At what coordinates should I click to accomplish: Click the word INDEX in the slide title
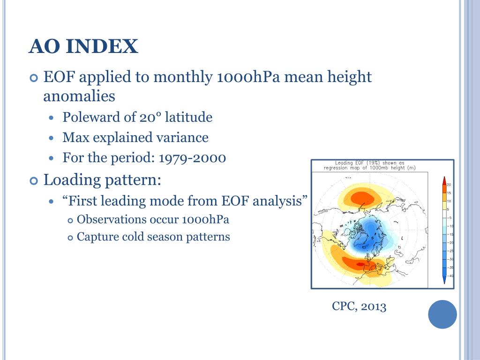tap(102, 46)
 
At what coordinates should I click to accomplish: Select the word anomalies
tap(79, 96)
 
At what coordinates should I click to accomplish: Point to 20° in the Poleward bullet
tap(150, 117)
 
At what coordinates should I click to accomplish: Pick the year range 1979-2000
tap(192, 158)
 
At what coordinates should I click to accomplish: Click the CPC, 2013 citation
tap(359, 306)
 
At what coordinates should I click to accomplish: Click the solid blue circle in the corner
tap(442, 315)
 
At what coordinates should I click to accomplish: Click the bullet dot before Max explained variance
tap(51, 138)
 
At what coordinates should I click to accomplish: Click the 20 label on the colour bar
tap(449, 185)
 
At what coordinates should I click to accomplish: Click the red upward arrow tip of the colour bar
tap(444, 177)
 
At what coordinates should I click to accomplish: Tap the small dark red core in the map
tap(360, 264)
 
